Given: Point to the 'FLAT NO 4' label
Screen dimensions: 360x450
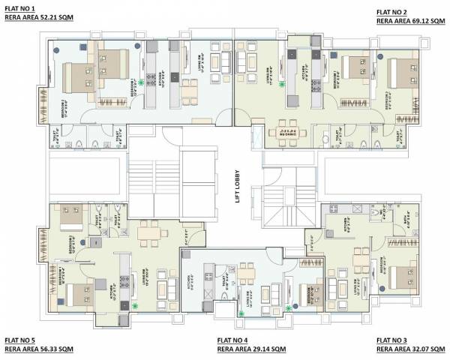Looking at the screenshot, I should click(227, 340).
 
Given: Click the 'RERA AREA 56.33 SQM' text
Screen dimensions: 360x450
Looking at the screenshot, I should click(38, 349).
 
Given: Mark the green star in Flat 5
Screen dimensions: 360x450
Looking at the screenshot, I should click(135, 305).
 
